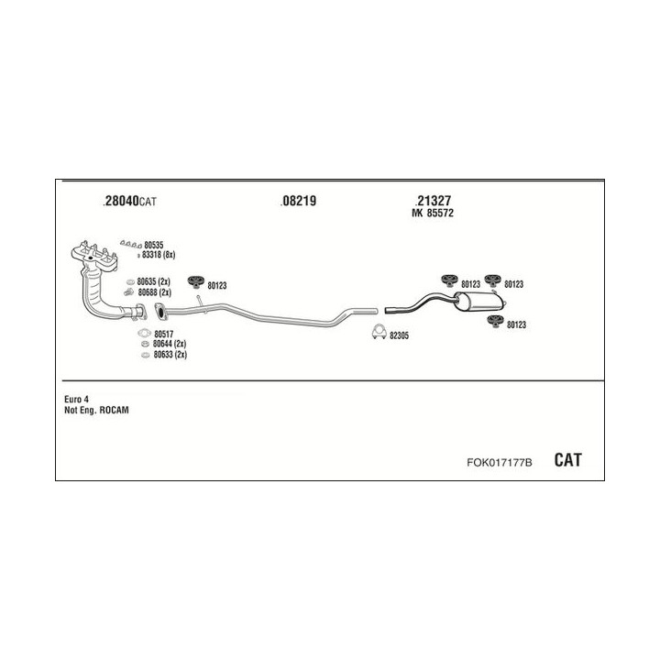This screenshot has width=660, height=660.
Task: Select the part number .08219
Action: tap(299, 202)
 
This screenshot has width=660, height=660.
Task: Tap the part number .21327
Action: tap(433, 202)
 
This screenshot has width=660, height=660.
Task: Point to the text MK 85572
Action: tap(435, 214)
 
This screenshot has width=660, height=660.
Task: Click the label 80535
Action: tap(153, 245)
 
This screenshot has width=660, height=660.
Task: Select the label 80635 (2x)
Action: tap(154, 280)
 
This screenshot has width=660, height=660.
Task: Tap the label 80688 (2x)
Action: tap(154, 292)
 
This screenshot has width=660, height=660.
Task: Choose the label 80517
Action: tap(163, 334)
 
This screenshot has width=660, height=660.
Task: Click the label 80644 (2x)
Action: tap(170, 345)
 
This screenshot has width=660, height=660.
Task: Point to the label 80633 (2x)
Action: tap(170, 355)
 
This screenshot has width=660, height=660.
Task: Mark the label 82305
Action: tap(399, 335)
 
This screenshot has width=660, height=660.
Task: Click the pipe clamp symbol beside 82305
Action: tap(376, 334)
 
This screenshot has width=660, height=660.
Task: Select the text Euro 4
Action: tap(77, 399)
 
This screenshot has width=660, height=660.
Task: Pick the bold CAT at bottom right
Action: tap(567, 459)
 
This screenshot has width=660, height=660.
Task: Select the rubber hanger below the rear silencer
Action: tap(494, 320)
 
